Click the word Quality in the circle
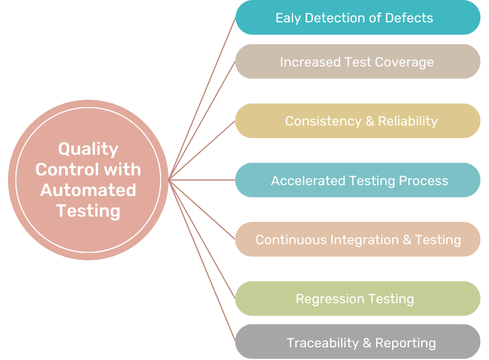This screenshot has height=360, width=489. [88, 150]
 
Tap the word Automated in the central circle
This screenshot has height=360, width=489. [88, 190]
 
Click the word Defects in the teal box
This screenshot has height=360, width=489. [409, 18]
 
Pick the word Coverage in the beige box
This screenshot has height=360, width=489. [404, 62]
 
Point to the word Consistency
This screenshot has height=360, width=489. [323, 122]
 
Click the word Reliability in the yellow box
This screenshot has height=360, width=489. [408, 122]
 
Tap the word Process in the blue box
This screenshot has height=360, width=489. [424, 181]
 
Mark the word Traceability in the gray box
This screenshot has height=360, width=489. [323, 343]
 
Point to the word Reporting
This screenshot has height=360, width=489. [405, 343]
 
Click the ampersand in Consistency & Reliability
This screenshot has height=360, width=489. [370, 121]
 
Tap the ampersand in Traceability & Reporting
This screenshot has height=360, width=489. [367, 343]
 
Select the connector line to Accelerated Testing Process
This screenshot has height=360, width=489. [202, 180]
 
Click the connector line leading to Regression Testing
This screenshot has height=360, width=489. [202, 239]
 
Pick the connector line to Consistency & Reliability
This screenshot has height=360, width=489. [202, 150]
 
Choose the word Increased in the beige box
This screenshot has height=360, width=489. [310, 62]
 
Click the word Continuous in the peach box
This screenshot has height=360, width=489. [291, 240]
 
